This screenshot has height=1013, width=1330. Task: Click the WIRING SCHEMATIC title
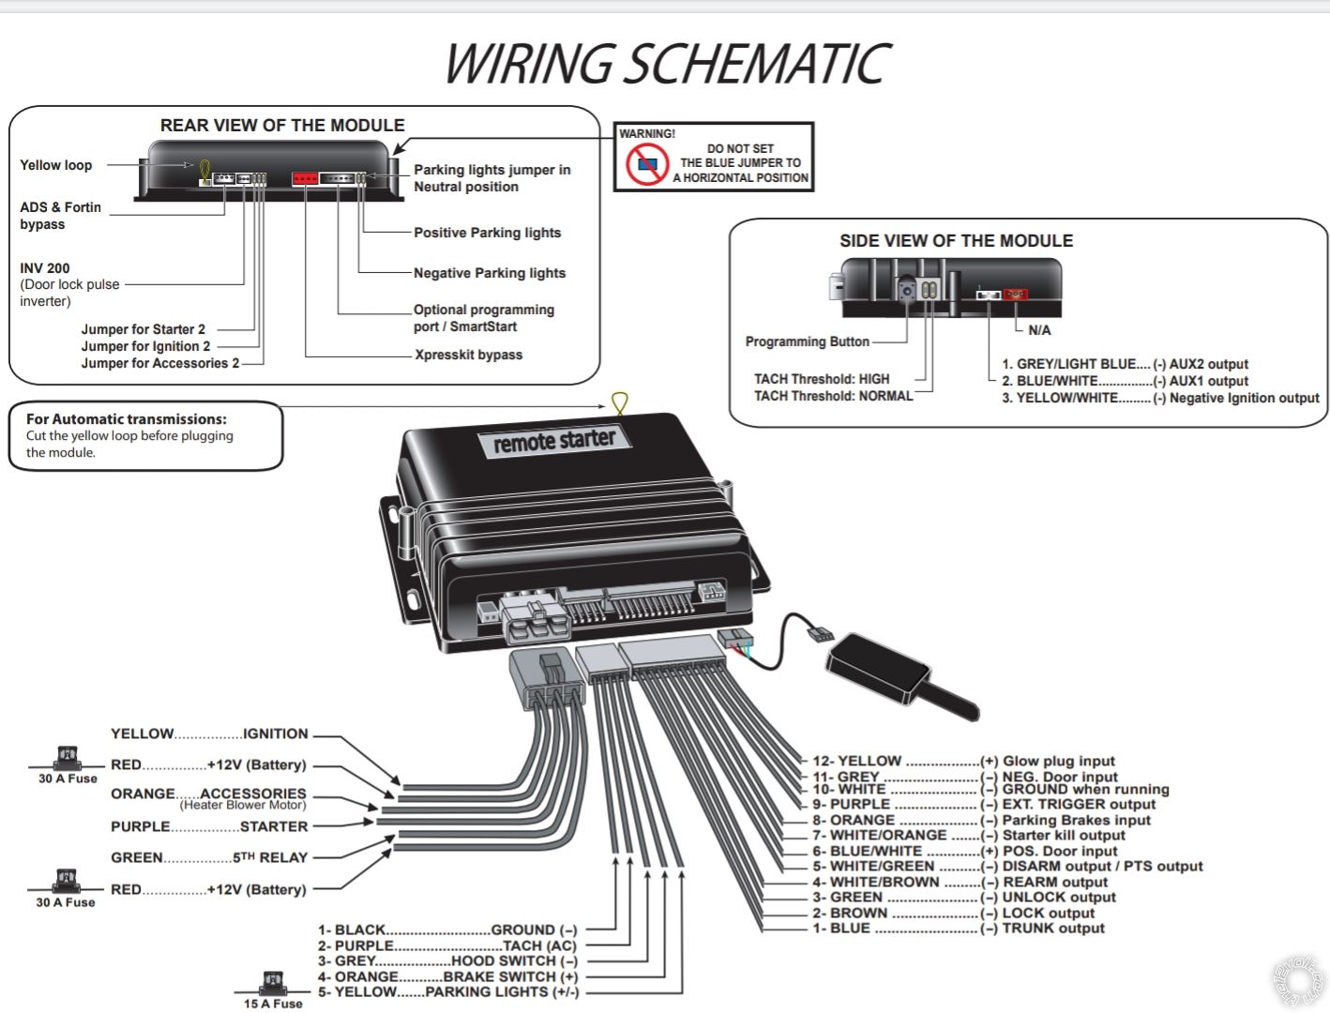(x=666, y=64)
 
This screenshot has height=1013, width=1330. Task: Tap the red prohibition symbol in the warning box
(x=647, y=164)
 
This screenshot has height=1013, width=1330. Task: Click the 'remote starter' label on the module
(x=554, y=441)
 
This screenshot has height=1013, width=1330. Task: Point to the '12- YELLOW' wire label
(x=856, y=762)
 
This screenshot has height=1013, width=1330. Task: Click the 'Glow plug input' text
(x=1059, y=762)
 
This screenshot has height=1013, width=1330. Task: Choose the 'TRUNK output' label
(x=1053, y=929)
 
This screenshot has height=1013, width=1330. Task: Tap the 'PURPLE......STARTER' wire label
(x=209, y=826)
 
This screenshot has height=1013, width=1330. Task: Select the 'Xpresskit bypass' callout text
(x=468, y=355)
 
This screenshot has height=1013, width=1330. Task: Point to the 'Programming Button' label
(x=807, y=341)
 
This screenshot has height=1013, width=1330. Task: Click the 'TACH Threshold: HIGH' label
(x=822, y=379)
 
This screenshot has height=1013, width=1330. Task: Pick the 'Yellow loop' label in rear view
(x=56, y=165)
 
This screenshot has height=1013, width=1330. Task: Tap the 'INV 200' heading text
(x=45, y=268)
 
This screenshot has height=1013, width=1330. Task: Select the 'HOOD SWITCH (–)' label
(x=514, y=961)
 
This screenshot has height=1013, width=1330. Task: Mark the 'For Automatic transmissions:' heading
(x=127, y=419)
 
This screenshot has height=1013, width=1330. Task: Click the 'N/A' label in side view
(x=1039, y=330)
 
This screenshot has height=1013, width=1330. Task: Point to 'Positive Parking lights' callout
(x=487, y=233)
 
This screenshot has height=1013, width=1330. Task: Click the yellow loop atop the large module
(x=619, y=403)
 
